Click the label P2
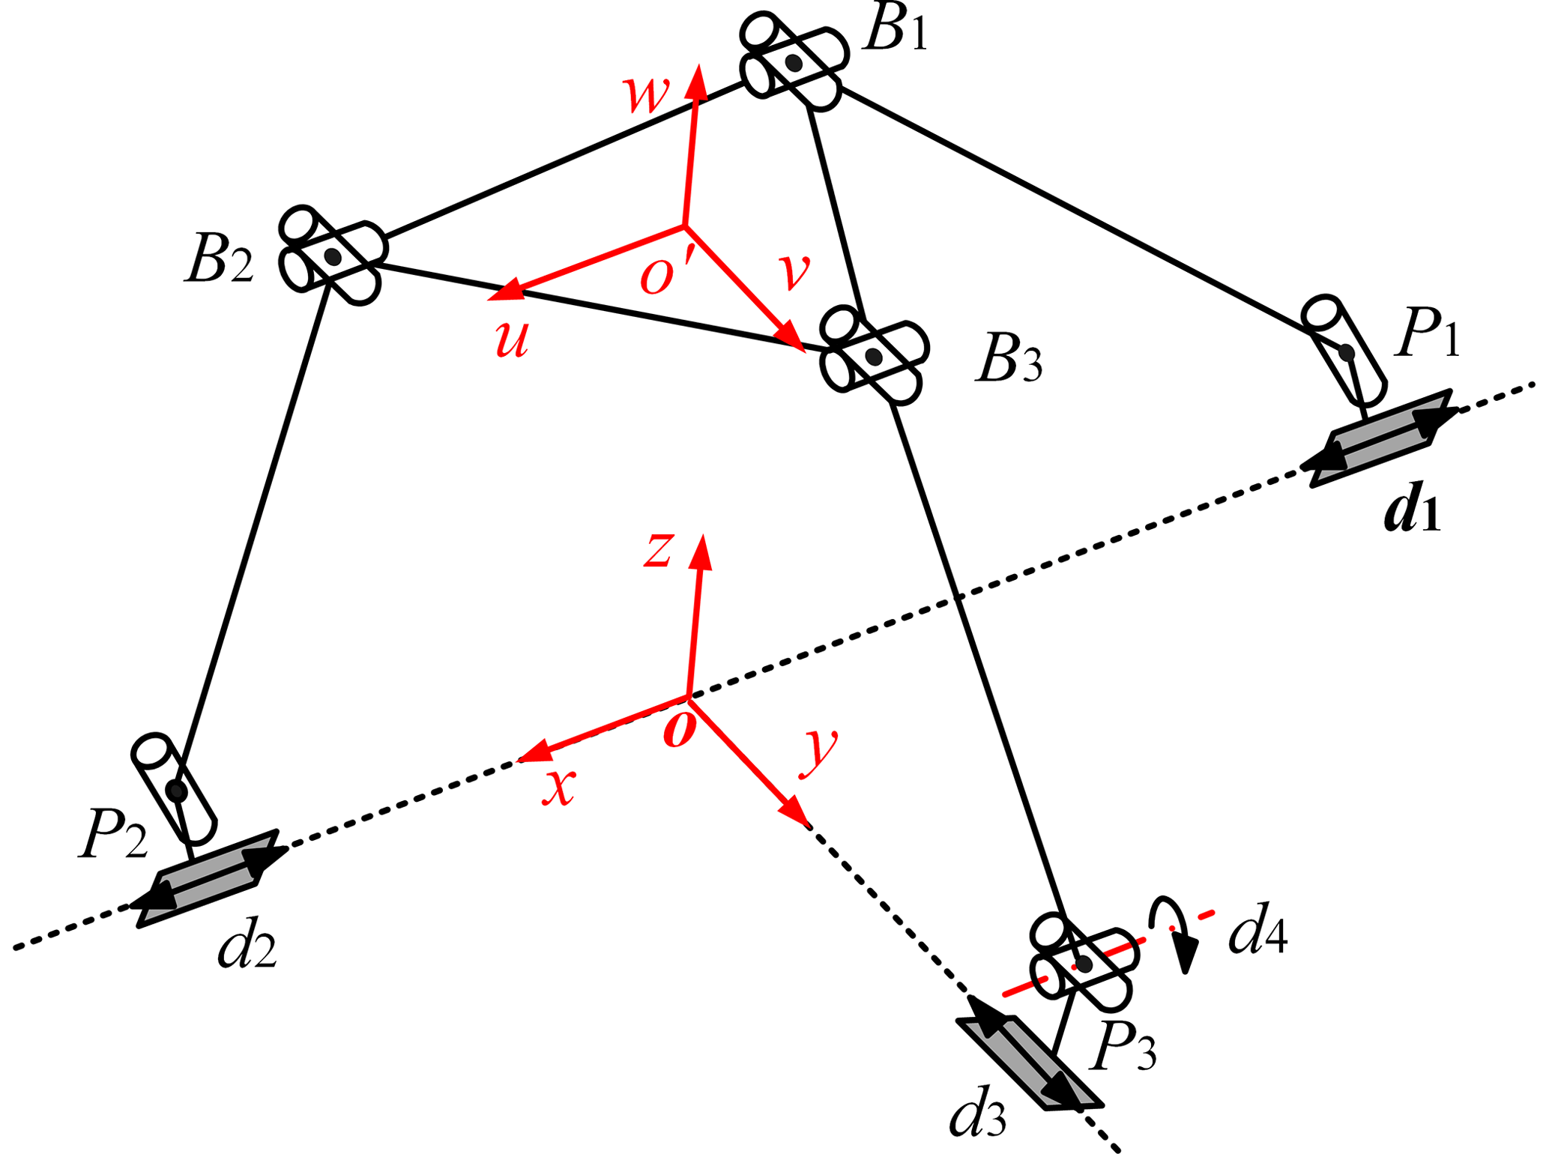click(x=112, y=835)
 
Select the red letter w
click(x=646, y=94)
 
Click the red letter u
click(x=513, y=339)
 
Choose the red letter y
click(x=819, y=752)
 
